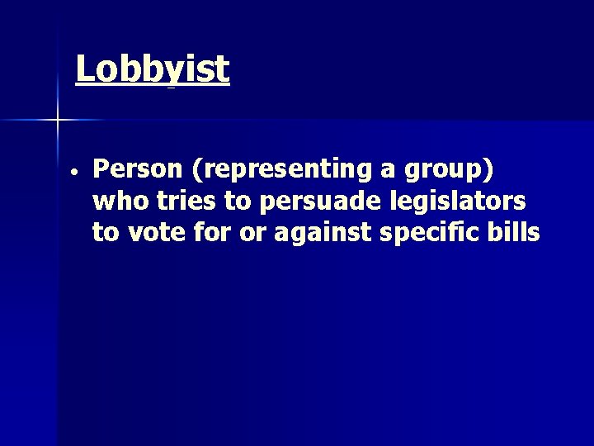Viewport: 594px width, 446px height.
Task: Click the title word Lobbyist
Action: (152, 70)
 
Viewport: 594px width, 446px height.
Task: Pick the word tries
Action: (181, 201)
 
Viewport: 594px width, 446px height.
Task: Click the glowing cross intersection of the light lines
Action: (58, 121)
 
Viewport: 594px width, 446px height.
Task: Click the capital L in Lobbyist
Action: (84, 70)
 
